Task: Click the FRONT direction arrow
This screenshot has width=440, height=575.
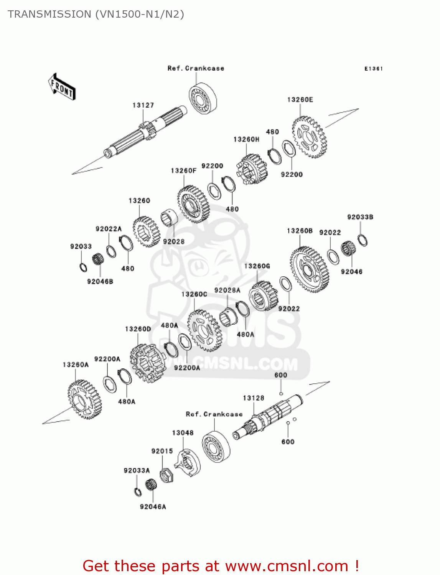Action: pos(61,87)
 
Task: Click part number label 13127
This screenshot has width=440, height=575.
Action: pos(143,105)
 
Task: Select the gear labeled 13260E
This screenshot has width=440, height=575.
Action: pos(309,137)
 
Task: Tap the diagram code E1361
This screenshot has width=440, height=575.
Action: pos(373,69)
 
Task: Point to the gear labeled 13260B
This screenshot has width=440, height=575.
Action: pos(309,270)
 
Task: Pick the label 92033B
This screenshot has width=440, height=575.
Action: pos(360,217)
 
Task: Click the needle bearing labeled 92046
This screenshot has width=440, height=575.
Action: pos(348,249)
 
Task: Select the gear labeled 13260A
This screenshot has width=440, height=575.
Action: pos(85,399)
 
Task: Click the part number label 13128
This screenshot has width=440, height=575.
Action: pos(253,398)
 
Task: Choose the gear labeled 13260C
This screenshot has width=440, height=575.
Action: pos(204,330)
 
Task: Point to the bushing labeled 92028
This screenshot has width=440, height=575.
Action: pos(169,218)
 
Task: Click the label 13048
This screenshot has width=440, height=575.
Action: pos(183,432)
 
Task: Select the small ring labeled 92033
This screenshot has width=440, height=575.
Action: pos(83,267)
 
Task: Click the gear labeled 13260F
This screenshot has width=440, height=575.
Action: pos(193,204)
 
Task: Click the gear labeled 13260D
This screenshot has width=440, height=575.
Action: pos(148,363)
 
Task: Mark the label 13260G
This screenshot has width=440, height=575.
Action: pos(257,266)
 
